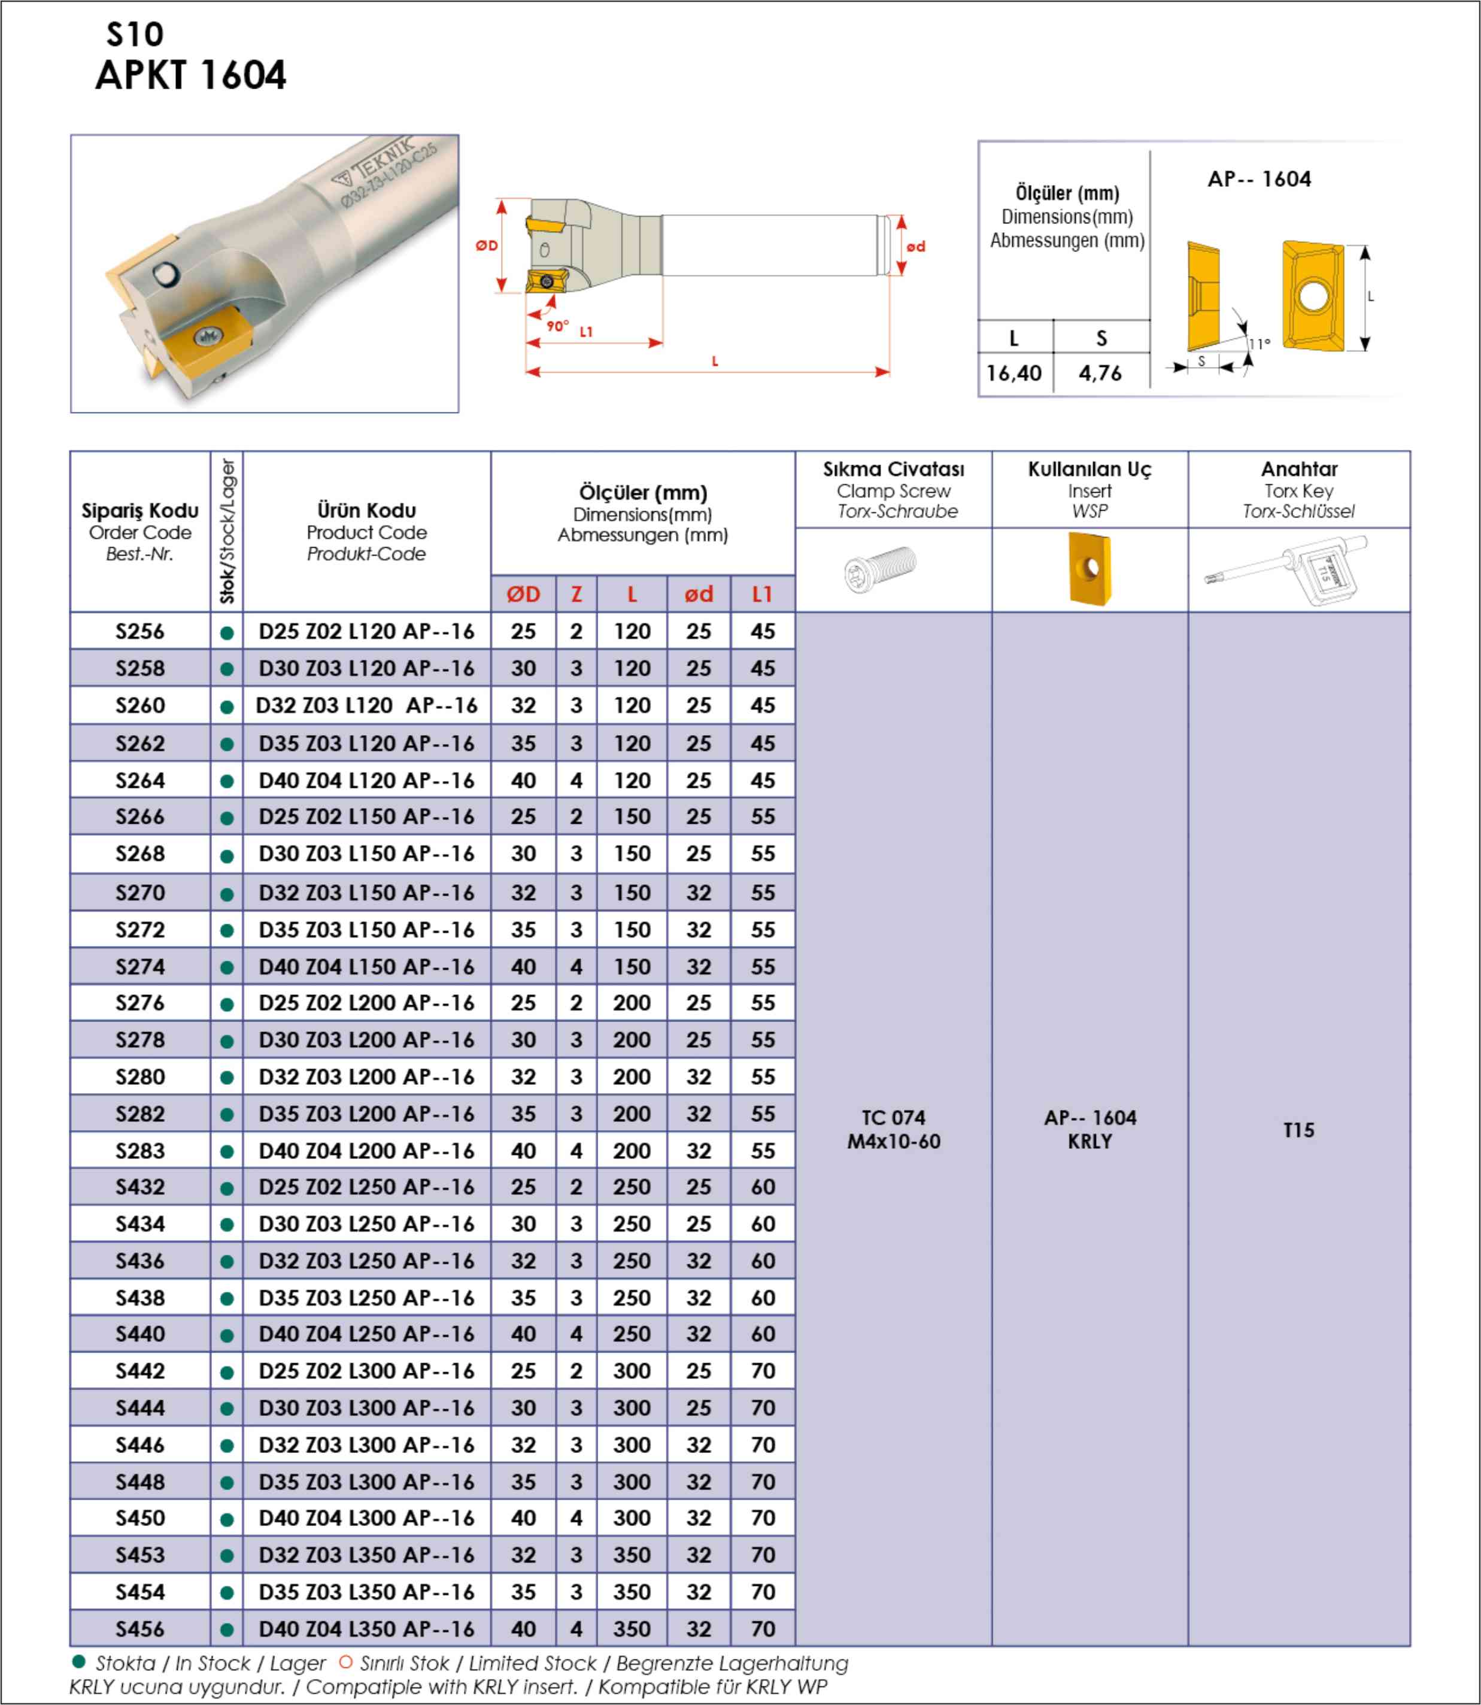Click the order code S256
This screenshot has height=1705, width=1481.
pos(139,632)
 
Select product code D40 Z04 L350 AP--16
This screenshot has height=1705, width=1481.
pos(366,1629)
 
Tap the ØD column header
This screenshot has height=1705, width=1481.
pos(523,594)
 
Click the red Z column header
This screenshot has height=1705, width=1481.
pos(576,594)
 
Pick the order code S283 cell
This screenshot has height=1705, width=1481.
pos(139,1151)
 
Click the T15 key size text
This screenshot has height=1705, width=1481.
pos(1298,1130)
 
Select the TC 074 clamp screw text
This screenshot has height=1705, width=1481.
pos(893,1118)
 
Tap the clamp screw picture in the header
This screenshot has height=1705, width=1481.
pos(881,569)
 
